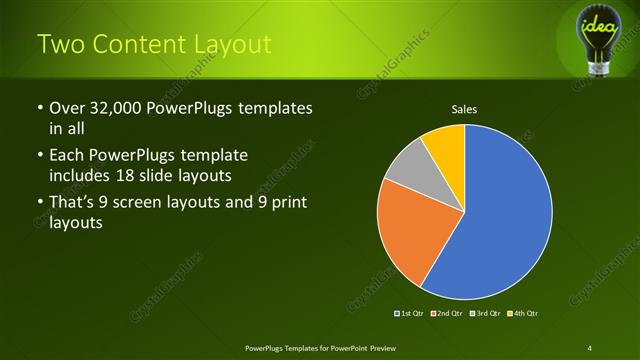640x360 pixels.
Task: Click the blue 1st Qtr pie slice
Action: pyautogui.click(x=505, y=215)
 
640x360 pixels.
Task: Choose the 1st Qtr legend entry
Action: pyautogui.click(x=411, y=313)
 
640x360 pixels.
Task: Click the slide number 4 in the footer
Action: pyautogui.click(x=590, y=347)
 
